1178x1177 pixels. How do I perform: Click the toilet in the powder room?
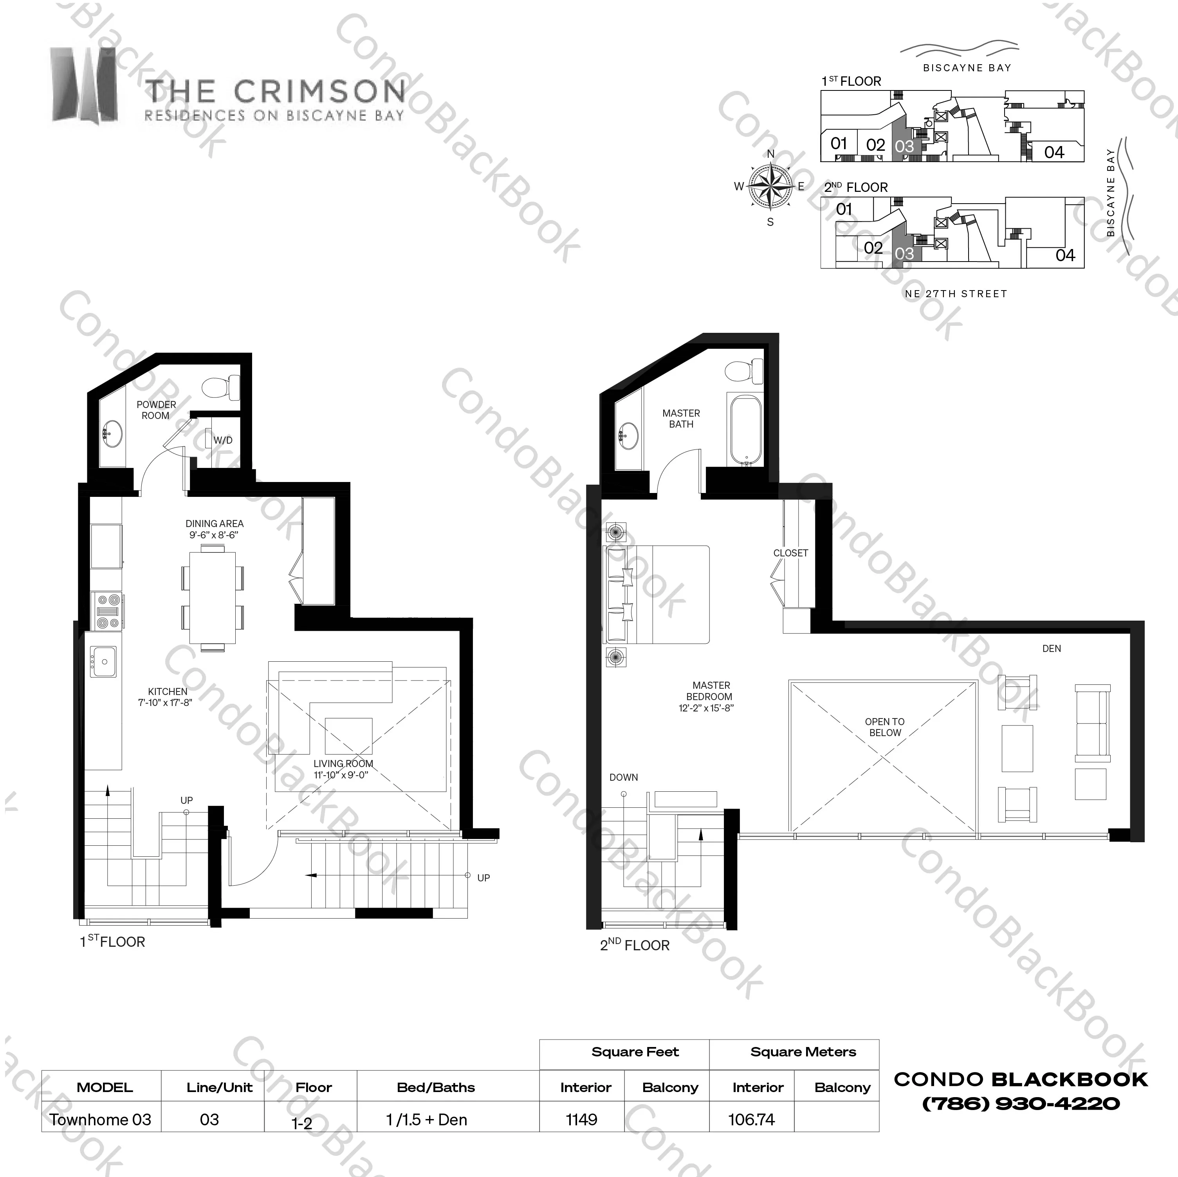[221, 387]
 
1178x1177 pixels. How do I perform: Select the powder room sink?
[112, 434]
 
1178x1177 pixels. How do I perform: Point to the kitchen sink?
[104, 662]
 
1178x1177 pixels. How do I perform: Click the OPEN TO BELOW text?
[885, 727]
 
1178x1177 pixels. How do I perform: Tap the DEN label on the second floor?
[1052, 649]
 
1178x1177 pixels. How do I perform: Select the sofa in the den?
[1093, 723]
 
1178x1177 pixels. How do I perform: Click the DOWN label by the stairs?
[624, 778]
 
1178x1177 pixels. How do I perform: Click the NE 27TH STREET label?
[956, 294]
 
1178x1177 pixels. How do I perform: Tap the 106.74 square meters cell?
[751, 1120]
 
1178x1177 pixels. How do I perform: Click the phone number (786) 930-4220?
[1021, 1104]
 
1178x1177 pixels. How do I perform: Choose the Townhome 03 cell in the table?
[101, 1120]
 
